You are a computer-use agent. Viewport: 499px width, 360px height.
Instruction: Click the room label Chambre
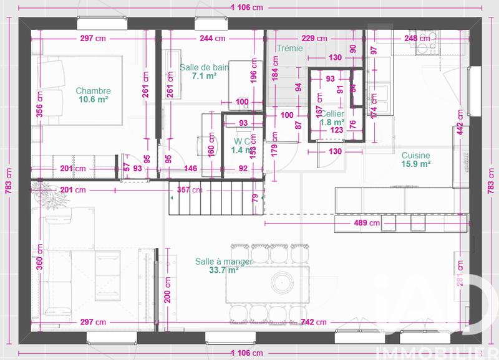[x=94, y=90]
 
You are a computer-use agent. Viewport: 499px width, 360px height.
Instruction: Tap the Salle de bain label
[x=204, y=67]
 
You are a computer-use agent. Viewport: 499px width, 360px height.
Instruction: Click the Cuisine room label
[x=416, y=156]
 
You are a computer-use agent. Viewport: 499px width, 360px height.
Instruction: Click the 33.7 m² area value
[x=224, y=270]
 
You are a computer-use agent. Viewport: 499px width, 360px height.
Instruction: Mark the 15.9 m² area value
[x=416, y=164]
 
